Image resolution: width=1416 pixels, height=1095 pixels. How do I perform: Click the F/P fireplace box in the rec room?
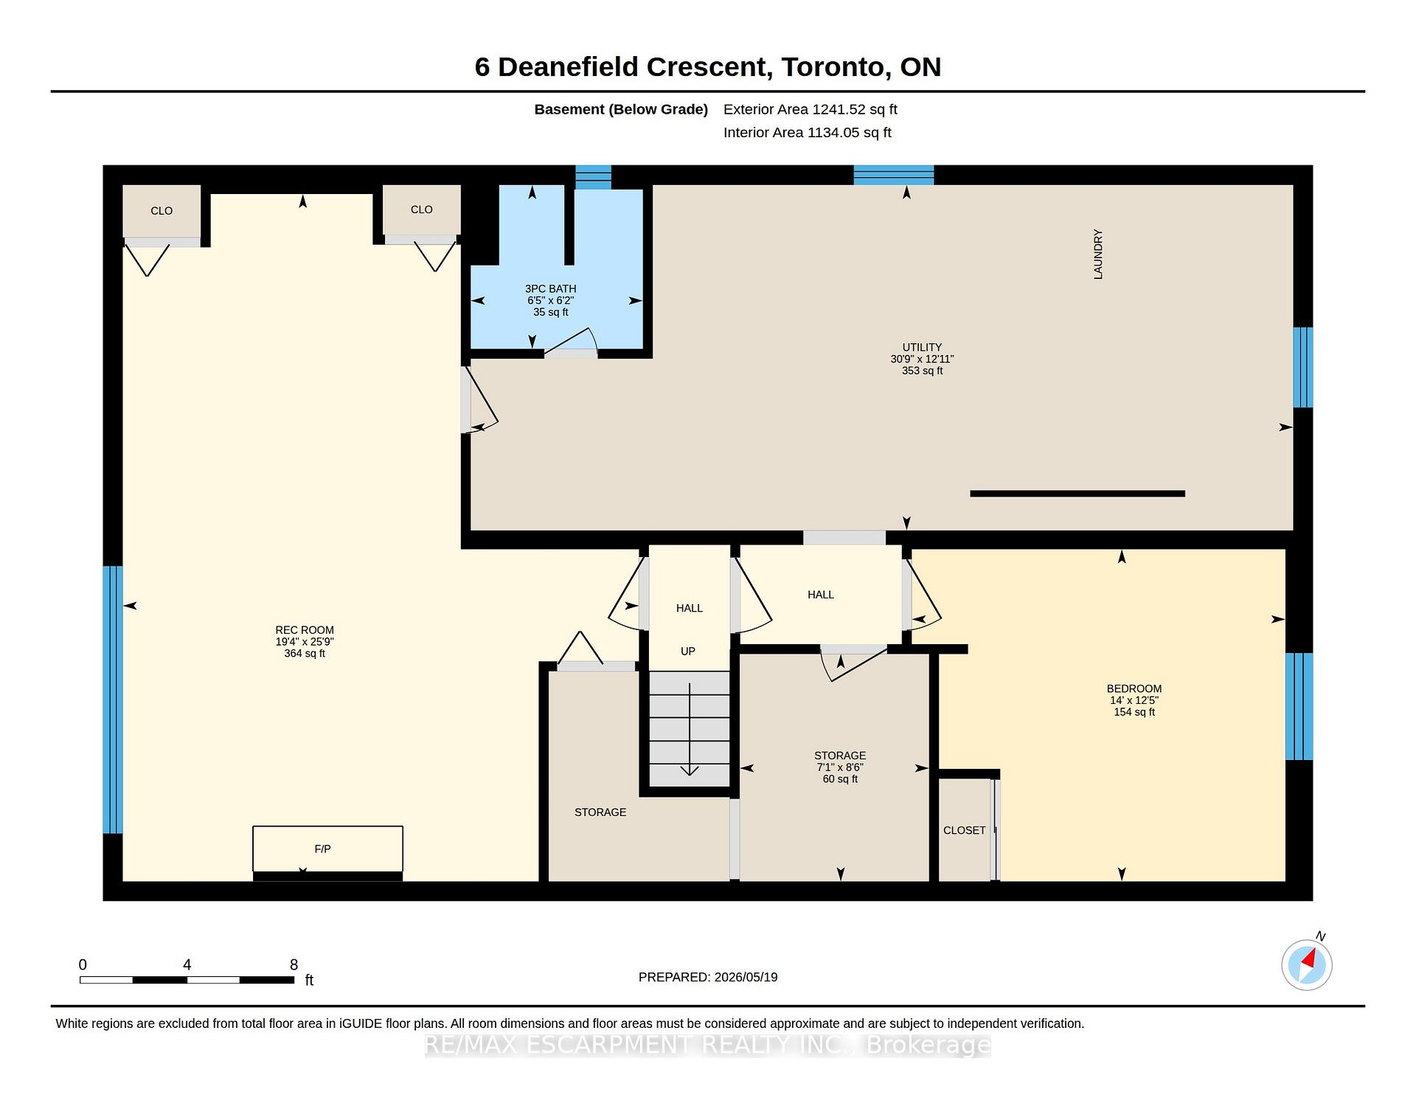327,849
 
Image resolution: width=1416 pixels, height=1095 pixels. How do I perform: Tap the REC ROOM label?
305,630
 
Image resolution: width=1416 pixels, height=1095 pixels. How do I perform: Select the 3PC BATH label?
551,289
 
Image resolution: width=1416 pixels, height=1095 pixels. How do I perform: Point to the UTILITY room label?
922,348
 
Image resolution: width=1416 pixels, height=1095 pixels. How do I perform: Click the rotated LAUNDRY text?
1098,254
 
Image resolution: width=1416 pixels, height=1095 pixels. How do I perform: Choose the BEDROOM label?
1134,689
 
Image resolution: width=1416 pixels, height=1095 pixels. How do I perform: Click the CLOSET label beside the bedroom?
965,831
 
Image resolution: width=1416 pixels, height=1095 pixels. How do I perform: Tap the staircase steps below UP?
690,728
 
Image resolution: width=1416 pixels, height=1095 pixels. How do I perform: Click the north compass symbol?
1307,964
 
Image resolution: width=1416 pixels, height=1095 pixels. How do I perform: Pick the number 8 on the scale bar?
294,964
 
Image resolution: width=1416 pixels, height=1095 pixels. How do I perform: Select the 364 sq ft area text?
305,654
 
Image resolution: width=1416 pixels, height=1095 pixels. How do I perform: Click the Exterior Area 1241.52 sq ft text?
811,110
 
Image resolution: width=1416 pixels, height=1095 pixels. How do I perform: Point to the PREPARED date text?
708,977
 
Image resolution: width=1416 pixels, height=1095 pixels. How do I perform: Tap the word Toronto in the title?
833,67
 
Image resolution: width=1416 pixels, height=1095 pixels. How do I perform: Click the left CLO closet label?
162,211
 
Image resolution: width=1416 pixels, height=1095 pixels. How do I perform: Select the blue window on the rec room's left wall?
113,700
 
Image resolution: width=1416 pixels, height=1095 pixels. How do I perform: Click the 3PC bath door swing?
571,342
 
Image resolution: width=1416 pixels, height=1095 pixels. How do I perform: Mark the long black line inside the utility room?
1077,494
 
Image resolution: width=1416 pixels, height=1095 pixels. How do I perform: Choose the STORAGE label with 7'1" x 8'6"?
840,756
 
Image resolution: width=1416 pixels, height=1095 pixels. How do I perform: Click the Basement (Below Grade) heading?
621,110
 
